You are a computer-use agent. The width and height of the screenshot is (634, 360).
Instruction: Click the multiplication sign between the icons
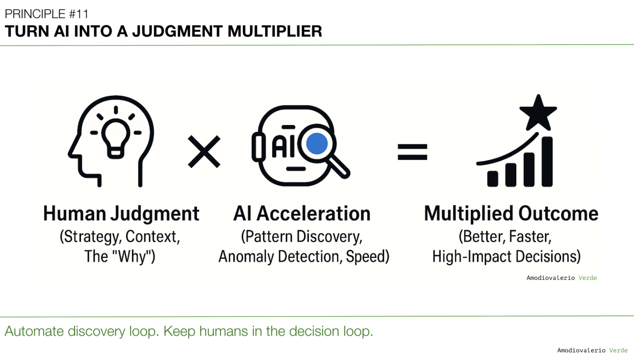click(204, 152)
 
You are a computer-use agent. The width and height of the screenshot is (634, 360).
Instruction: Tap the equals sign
click(412, 152)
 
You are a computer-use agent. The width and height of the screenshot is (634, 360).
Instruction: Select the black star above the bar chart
click(538, 112)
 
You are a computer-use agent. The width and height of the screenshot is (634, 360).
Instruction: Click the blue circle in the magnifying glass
click(317, 144)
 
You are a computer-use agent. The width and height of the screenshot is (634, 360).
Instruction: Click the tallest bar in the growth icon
click(547, 161)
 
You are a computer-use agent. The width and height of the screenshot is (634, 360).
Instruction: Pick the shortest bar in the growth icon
click(493, 179)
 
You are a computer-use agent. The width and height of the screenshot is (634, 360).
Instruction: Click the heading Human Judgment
click(121, 213)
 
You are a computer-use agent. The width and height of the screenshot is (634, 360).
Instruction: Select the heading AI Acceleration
click(302, 213)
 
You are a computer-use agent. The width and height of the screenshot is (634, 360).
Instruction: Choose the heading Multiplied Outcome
click(511, 213)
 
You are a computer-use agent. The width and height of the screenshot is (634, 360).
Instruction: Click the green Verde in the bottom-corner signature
click(618, 350)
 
